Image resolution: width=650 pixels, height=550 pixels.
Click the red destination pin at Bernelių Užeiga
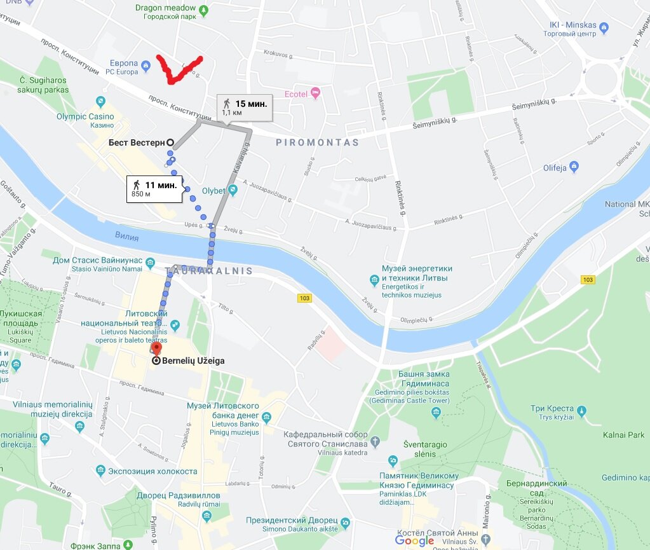click(157, 349)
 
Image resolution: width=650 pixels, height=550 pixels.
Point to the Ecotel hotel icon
click(315, 93)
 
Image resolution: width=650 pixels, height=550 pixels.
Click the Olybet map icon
click(234, 189)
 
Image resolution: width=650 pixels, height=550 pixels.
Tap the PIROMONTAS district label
click(317, 142)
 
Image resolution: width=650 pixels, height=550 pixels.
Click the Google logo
click(414, 540)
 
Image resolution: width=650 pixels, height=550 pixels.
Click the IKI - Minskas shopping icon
click(604, 27)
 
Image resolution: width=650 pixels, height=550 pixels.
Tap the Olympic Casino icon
click(100, 102)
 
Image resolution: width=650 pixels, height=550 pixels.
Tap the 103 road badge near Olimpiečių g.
click(588, 280)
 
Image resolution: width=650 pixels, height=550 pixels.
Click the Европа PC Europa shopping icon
click(146, 64)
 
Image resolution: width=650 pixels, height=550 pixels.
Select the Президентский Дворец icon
click(345, 523)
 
